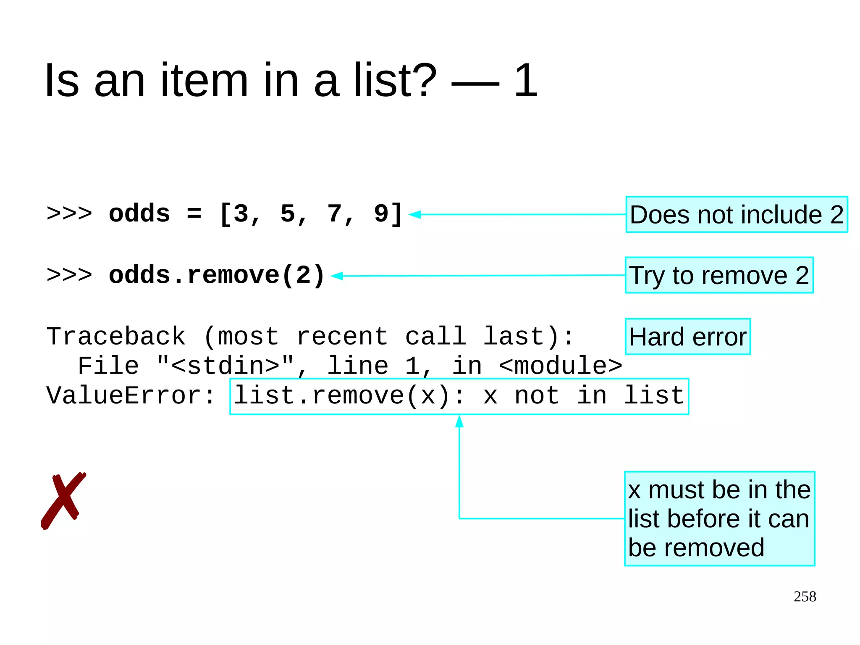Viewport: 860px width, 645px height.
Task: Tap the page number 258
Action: (805, 597)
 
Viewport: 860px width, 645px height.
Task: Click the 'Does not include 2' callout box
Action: (737, 215)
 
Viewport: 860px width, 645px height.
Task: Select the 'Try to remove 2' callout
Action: (719, 276)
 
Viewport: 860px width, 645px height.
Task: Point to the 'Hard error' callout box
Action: (687, 337)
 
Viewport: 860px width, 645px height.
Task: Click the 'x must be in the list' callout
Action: (719, 519)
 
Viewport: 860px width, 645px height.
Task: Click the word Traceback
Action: (116, 337)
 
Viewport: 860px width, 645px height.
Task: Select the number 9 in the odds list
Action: (381, 213)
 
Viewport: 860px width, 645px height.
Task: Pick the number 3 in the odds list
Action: (241, 213)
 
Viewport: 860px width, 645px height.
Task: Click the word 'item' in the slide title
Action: (205, 80)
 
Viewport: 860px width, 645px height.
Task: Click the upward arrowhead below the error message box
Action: (459, 421)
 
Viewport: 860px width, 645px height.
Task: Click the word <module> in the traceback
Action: (560, 366)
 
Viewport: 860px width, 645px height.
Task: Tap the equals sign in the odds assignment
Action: (194, 213)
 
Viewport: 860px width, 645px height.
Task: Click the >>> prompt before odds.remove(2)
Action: (69, 275)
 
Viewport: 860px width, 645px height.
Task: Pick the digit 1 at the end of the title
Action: (526, 80)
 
